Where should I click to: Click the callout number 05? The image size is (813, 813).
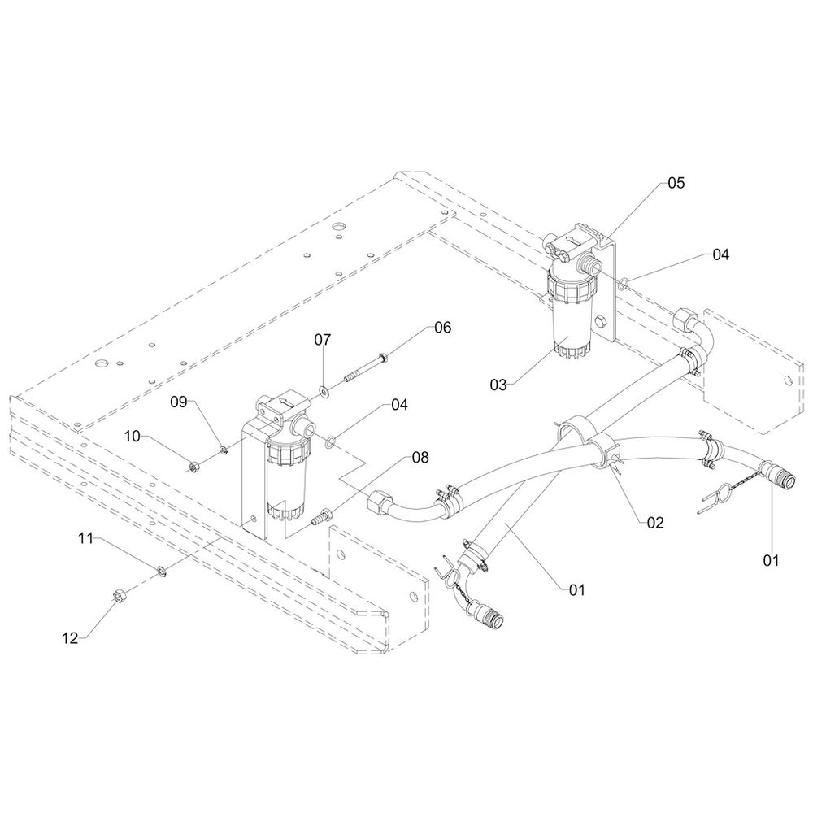coord(676,183)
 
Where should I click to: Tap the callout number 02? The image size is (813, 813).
coord(655,522)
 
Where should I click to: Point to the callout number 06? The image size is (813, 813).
coord(441,328)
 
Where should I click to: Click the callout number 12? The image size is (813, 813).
coord(71,638)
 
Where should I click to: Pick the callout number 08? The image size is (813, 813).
coord(420,457)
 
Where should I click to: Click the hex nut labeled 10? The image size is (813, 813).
coord(194,466)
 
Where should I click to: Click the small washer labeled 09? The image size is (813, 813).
coord(222,446)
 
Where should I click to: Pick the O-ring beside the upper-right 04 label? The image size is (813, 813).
coord(623,284)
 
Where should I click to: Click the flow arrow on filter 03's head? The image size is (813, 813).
coord(573,238)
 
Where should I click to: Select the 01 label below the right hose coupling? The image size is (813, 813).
coord(771,559)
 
